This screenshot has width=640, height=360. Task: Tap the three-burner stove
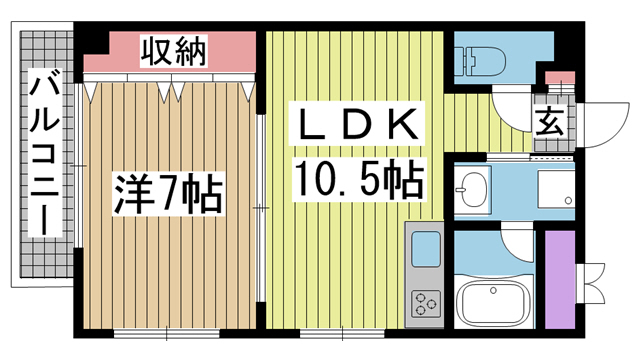[425, 301]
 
